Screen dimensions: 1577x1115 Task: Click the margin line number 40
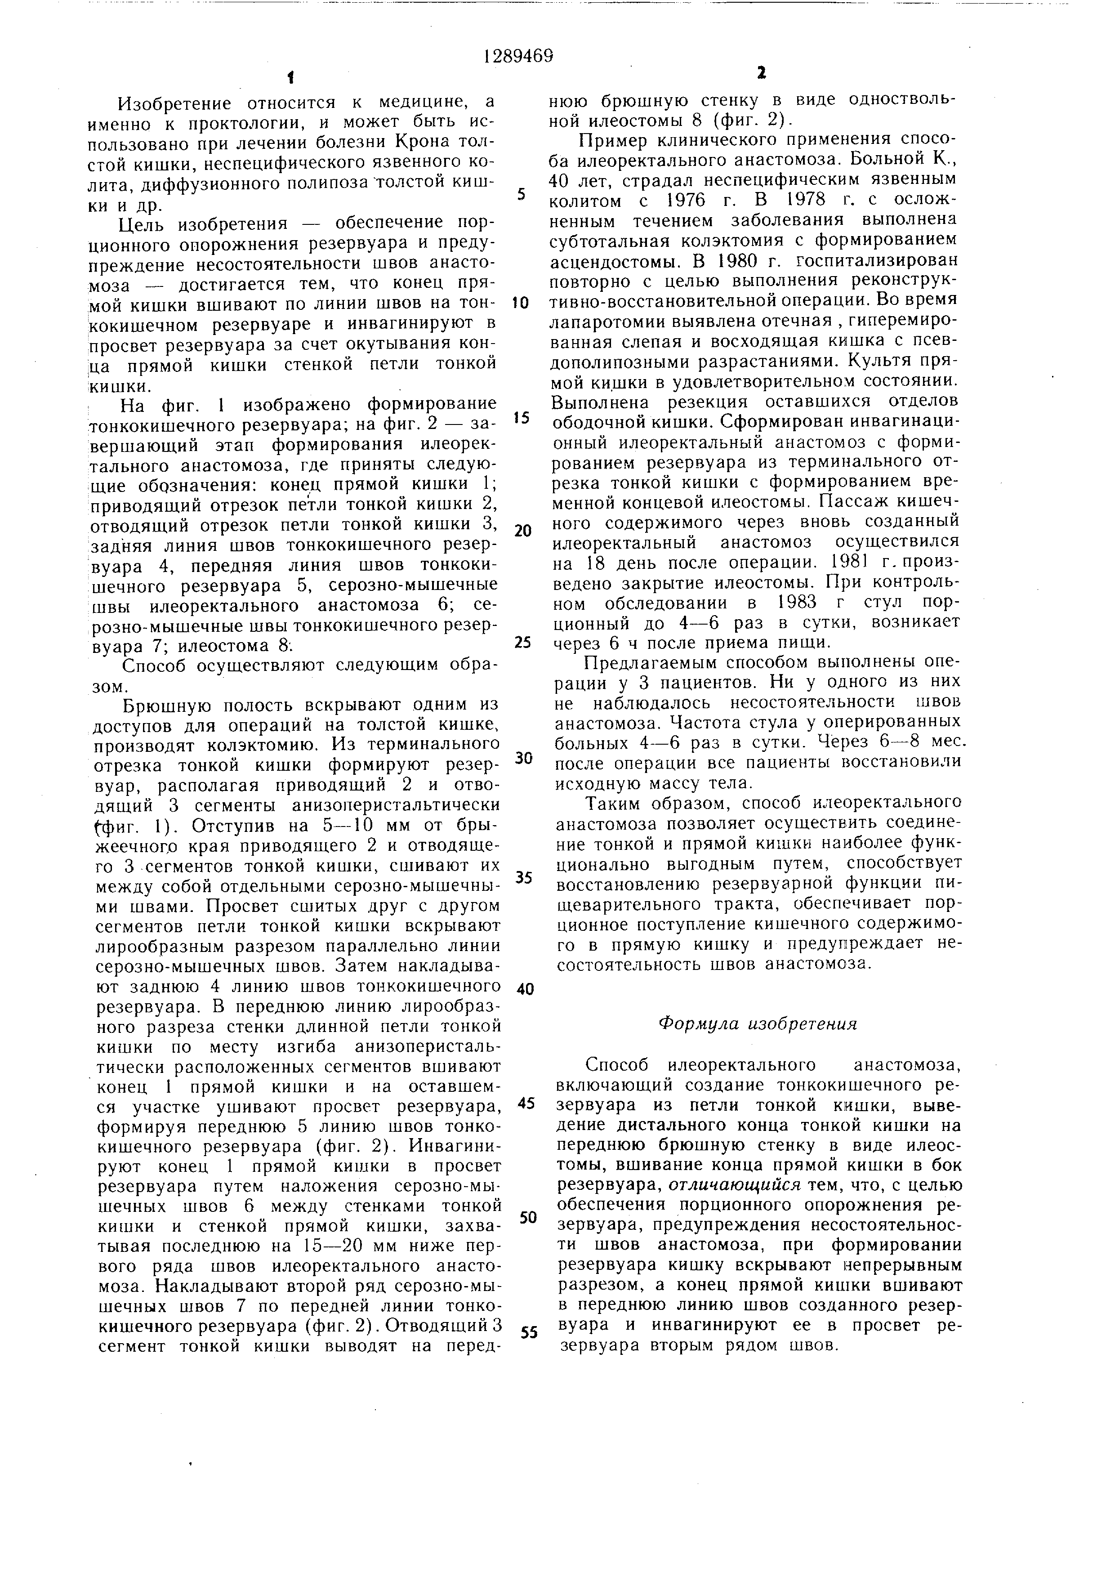[x=525, y=990]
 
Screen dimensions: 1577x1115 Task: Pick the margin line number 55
[x=528, y=1333]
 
